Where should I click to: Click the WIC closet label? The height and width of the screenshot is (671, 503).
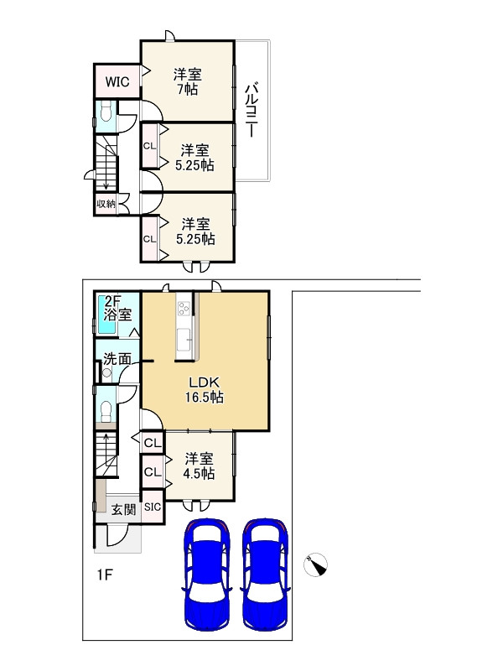click(117, 81)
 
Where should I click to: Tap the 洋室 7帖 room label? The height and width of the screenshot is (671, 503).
click(187, 81)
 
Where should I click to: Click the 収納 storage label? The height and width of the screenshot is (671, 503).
click(106, 204)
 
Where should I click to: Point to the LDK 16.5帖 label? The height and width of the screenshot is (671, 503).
click(204, 389)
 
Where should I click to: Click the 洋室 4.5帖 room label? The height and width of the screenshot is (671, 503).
click(199, 466)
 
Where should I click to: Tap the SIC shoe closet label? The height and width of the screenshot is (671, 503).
click(153, 507)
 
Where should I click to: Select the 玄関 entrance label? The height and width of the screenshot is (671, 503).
click(124, 509)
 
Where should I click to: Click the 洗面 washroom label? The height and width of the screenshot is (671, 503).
click(117, 359)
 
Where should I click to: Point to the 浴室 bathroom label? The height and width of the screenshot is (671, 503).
click(117, 315)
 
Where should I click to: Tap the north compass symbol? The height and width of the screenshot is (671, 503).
click(316, 564)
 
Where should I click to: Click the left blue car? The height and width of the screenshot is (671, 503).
click(207, 573)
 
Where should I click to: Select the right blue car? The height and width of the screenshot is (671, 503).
click(265, 573)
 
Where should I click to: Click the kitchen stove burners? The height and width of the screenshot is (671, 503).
click(184, 308)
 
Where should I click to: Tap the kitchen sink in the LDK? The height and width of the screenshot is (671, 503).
click(184, 339)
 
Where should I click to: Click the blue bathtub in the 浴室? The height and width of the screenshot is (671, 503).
click(107, 314)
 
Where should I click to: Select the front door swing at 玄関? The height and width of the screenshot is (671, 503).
click(117, 536)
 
